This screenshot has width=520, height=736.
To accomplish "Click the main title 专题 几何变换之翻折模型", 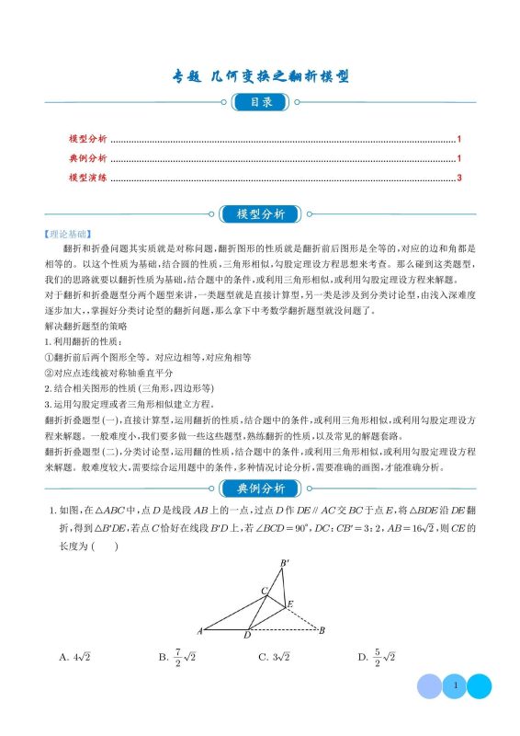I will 261,76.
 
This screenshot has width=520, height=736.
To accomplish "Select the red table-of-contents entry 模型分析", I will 88,139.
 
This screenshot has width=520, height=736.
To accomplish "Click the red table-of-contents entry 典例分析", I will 88,158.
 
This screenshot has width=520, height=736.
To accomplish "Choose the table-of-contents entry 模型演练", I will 88,178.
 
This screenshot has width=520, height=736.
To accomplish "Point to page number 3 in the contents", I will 458,178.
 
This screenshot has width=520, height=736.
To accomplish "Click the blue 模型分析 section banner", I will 260,214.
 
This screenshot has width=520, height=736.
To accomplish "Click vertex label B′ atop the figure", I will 285,563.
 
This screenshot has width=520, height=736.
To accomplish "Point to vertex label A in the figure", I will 199,631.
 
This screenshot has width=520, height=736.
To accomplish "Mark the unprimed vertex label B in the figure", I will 322,631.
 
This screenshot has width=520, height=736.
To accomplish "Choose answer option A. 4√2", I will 79,657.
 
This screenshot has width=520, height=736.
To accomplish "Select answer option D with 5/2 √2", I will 376,657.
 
